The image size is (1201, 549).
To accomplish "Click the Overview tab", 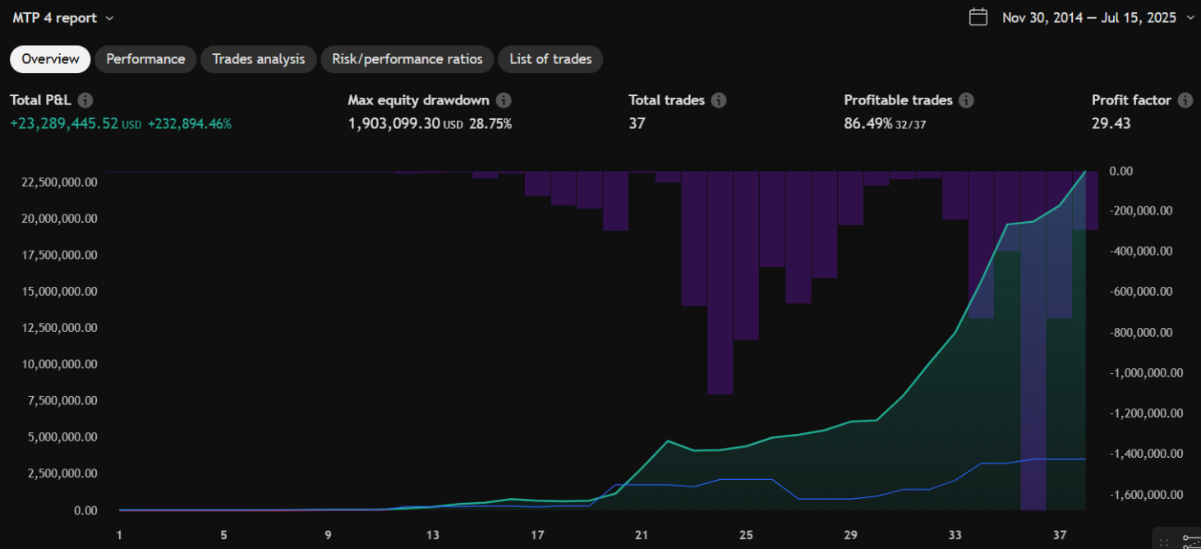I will [50, 59].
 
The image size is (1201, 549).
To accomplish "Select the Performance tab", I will [145, 59].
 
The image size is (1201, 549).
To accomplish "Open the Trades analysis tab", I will [258, 59].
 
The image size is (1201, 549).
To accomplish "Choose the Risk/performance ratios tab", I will [407, 59].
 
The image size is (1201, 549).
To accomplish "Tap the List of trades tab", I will [550, 59].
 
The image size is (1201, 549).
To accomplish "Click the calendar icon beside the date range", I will [978, 17].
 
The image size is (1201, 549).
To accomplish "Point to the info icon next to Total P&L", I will [85, 100].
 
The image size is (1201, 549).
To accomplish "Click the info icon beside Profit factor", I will [1185, 100].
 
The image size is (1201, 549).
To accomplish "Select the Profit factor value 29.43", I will [1111, 123].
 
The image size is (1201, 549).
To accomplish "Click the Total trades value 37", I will [637, 123].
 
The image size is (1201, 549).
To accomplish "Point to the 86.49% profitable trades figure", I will [867, 123].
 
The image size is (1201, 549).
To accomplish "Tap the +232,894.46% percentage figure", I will [189, 124].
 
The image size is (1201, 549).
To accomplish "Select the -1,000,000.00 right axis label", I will [1147, 372].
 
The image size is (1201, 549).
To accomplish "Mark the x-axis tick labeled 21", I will [642, 535].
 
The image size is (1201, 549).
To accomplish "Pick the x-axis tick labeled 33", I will [955, 535].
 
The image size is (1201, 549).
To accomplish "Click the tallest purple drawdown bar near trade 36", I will [1033, 370].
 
